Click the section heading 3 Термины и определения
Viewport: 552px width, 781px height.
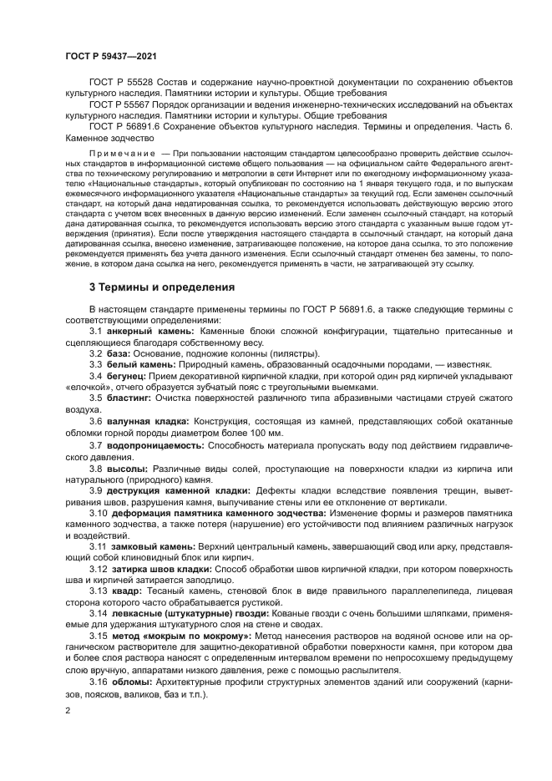click(162, 287)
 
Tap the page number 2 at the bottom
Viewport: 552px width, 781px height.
click(67, 711)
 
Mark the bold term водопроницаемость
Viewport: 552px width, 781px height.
click(156, 445)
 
